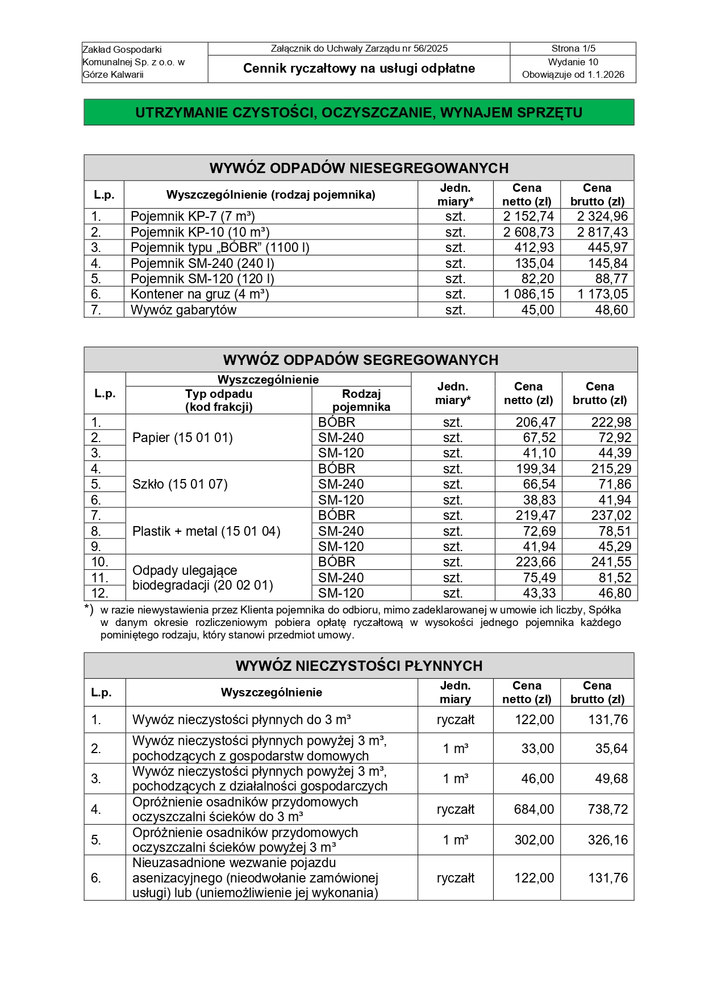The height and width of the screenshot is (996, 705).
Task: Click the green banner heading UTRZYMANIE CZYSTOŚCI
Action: pyautogui.click(x=358, y=112)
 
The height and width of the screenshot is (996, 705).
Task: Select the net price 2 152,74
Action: pyautogui.click(x=528, y=216)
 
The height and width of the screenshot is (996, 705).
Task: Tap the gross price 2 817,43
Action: pyautogui.click(x=602, y=232)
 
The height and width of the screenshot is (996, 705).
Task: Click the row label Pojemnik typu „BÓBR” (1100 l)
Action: pyautogui.click(x=220, y=247)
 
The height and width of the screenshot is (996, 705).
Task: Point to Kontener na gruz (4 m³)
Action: pyautogui.click(x=199, y=294)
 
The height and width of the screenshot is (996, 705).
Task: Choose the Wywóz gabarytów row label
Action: pyautogui.click(x=183, y=310)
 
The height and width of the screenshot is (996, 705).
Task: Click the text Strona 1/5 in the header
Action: pyautogui.click(x=573, y=49)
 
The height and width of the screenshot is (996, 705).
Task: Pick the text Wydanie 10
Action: pyautogui.click(x=573, y=62)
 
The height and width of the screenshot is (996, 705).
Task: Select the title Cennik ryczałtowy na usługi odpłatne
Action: pyautogui.click(x=358, y=69)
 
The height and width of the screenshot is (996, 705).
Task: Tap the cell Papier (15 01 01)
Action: pyautogui.click(x=182, y=438)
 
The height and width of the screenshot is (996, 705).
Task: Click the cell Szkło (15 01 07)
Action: pyautogui.click(x=180, y=484)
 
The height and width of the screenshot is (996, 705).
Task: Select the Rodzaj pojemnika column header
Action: pyautogui.click(x=361, y=400)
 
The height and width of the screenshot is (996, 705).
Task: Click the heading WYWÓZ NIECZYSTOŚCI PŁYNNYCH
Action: pyautogui.click(x=358, y=666)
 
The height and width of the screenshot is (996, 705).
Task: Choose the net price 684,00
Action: pyautogui.click(x=533, y=809)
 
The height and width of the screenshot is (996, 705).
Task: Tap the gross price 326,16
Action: pyautogui.click(x=607, y=840)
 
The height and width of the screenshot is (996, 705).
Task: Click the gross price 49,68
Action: pyautogui.click(x=611, y=779)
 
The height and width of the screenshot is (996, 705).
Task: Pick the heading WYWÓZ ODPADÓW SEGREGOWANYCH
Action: pyautogui.click(x=360, y=360)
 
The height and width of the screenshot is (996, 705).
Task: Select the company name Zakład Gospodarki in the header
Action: pyautogui.click(x=122, y=49)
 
